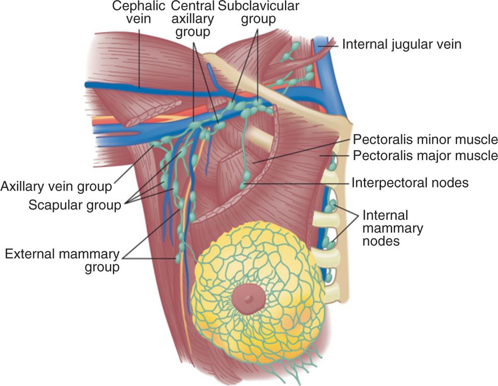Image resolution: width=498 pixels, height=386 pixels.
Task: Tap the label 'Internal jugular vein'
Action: tap(402, 44)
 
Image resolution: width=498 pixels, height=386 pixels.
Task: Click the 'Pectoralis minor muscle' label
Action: tap(425, 139)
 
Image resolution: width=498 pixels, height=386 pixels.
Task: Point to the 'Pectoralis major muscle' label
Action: tap(425, 156)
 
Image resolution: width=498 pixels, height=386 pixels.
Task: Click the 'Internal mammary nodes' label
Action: tap(393, 228)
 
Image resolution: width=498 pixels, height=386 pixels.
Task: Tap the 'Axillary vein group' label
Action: tap(56, 187)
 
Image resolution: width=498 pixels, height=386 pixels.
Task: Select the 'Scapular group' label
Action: tap(74, 204)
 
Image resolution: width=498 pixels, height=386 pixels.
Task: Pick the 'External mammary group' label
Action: tap(62, 261)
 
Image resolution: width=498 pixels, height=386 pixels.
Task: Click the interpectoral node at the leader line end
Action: tap(244, 185)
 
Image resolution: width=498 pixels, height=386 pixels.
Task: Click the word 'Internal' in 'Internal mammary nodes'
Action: tap(385, 215)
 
